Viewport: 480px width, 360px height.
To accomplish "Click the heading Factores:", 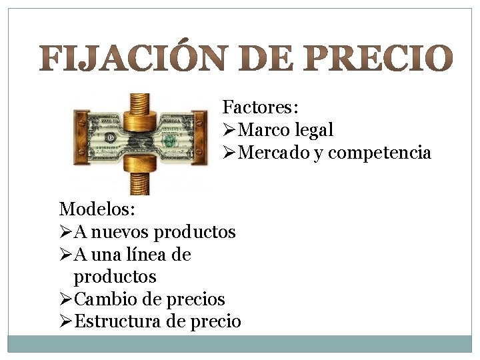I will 260,107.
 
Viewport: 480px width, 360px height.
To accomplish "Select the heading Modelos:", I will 97,209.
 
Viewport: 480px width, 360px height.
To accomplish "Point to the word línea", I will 145,254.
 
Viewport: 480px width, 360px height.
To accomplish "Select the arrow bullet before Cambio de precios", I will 65,299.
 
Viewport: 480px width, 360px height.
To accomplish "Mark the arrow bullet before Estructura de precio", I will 65,321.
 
